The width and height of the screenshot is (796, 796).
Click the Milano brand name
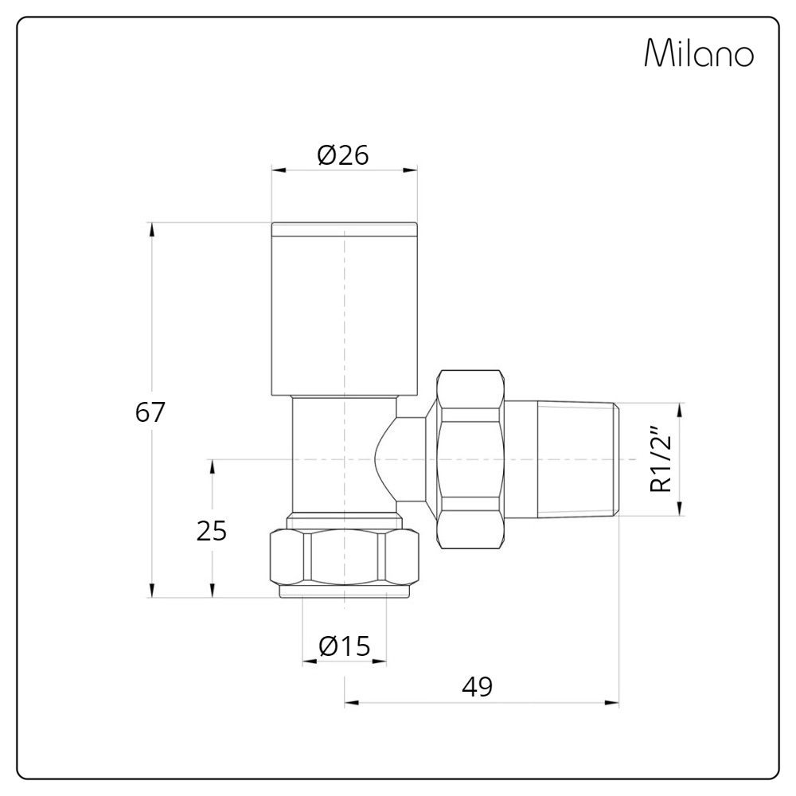click(698, 54)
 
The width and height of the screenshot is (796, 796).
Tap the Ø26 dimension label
click(343, 155)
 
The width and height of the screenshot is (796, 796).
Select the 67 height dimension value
click(150, 412)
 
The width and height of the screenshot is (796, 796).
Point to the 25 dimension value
click(212, 530)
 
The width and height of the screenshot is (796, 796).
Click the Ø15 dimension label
click(345, 646)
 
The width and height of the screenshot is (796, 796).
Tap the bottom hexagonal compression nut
click(344, 561)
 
